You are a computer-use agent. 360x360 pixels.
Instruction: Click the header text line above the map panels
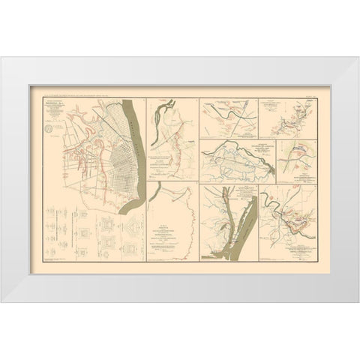[x=180, y=94]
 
